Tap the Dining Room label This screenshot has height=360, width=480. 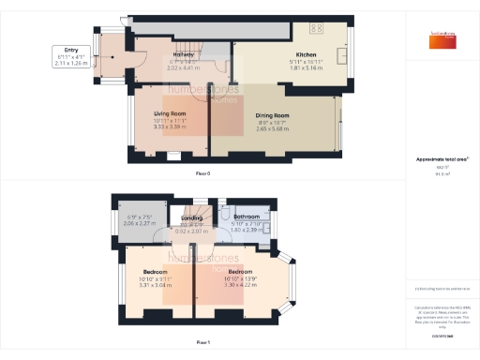[x=273, y=115]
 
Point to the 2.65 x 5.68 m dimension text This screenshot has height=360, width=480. [x=273, y=129]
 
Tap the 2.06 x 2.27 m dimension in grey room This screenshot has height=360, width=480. [x=139, y=225]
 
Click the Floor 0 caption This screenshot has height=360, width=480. [x=202, y=174]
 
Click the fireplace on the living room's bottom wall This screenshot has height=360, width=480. [x=173, y=157]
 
